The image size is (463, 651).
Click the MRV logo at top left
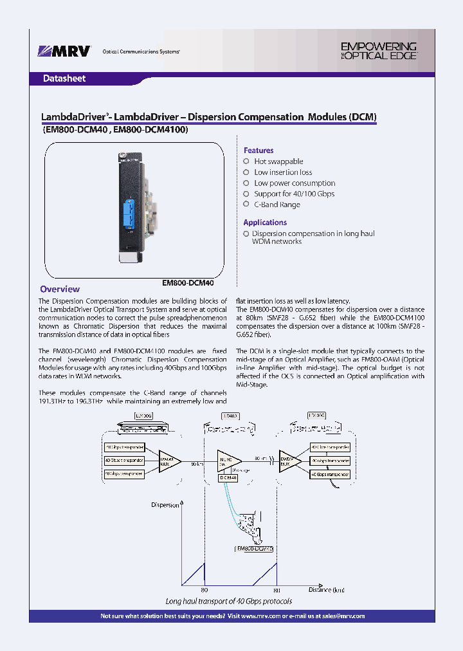pyautogui.click(x=65, y=51)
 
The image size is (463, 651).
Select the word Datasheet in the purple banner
pyautogui.click(x=64, y=78)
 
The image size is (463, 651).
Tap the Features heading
pyautogui.click(x=259, y=151)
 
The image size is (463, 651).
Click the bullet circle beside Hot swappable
pyautogui.click(x=246, y=161)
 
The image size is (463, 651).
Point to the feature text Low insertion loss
pyautogui.click(x=283, y=172)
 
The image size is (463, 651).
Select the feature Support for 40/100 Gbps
pyautogui.click(x=294, y=194)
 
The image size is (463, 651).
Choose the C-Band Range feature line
pyautogui.click(x=277, y=205)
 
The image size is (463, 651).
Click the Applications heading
pyautogui.click(x=265, y=223)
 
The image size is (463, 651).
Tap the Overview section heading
pyautogui.click(x=60, y=289)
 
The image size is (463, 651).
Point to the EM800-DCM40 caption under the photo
pyautogui.click(x=187, y=282)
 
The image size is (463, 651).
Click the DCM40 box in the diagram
pyautogui.click(x=228, y=478)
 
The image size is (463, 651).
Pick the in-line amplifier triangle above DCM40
pyautogui.click(x=229, y=460)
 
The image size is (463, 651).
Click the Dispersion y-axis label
pyautogui.click(x=165, y=505)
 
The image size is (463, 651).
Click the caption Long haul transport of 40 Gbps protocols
pyautogui.click(x=228, y=601)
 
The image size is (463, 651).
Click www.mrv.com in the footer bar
pyautogui.click(x=260, y=616)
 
